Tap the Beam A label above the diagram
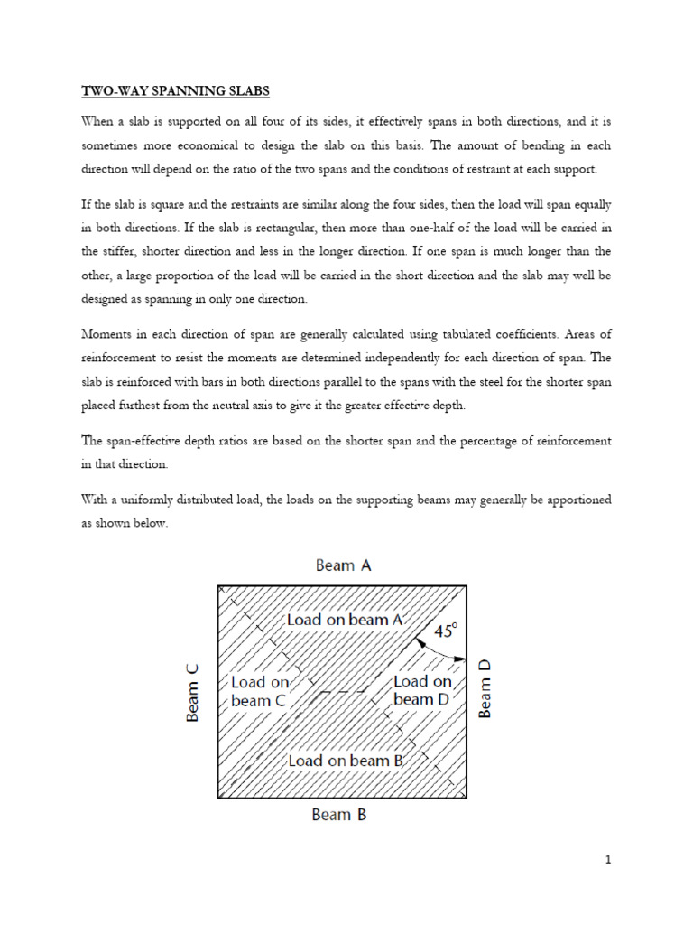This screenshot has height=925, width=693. (343, 565)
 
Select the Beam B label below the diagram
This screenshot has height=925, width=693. (338, 815)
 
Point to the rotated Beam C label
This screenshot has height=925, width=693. (192, 693)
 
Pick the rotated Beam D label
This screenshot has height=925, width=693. (485, 688)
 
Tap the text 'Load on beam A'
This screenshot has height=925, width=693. (344, 620)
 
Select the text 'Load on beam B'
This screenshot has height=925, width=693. (345, 761)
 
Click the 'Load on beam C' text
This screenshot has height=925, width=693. (261, 691)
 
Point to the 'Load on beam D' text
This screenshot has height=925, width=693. (423, 690)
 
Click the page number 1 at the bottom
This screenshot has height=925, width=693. (609, 860)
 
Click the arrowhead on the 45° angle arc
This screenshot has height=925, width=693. (460, 659)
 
